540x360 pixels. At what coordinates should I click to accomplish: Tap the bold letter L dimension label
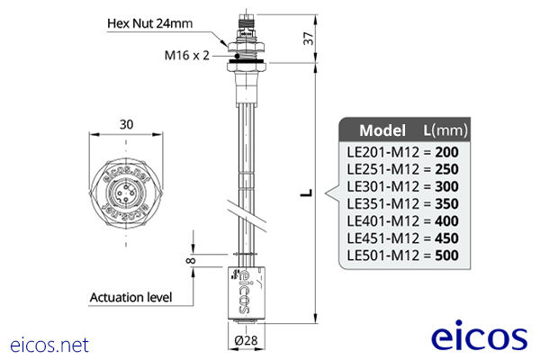306,193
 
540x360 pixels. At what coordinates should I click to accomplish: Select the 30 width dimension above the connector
126,124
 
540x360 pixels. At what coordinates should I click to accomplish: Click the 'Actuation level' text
130,296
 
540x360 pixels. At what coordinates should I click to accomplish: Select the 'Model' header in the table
382,128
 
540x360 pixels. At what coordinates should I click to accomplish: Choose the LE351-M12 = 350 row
402,204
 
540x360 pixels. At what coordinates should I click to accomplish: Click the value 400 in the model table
446,221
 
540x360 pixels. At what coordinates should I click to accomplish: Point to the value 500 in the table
446,256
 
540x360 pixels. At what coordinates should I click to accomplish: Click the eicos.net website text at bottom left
49,344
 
